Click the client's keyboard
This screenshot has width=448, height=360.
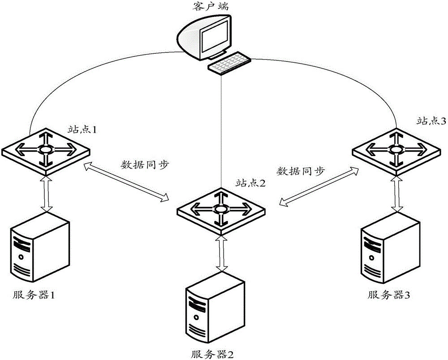pos(228,64)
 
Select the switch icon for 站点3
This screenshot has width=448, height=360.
pos(395,149)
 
